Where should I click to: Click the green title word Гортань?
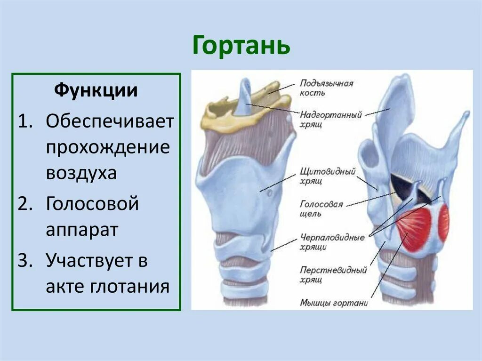241,46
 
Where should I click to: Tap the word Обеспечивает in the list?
110,121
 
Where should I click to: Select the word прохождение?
108,148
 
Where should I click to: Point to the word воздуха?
81,174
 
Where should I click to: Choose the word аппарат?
82,231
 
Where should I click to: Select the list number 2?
24,205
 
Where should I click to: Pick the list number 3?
24,260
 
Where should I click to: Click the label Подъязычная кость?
327,88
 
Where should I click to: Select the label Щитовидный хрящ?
328,176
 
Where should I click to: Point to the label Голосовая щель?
321,209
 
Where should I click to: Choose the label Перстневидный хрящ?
333,275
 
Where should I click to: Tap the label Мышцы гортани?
333,303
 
